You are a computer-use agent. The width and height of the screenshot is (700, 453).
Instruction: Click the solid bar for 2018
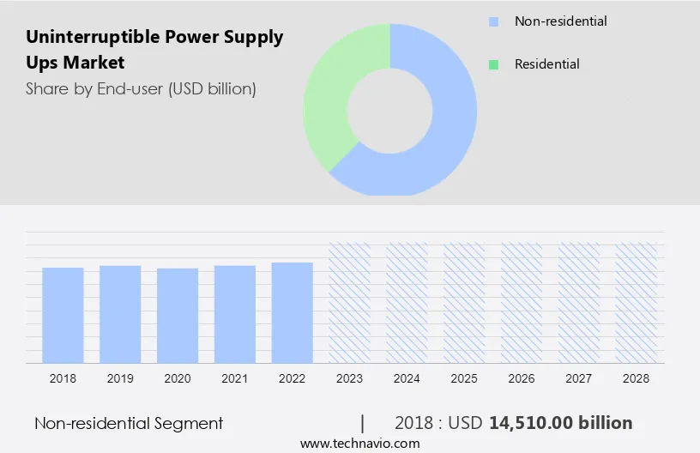click(x=63, y=315)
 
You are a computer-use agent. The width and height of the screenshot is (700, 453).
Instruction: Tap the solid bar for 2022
click(x=293, y=312)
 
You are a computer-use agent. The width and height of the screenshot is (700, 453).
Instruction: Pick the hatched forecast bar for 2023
click(x=350, y=302)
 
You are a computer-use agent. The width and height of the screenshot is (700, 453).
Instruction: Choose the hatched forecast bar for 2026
click(x=522, y=302)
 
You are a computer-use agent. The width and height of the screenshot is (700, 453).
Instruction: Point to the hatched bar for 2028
click(x=637, y=302)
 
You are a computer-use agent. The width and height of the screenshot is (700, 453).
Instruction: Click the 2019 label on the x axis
click(x=120, y=377)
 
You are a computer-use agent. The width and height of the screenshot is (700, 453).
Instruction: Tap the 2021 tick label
click(x=235, y=377)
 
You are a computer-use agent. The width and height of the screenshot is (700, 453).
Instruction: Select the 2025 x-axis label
click(x=464, y=377)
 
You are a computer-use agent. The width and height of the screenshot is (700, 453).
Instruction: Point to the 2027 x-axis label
click(x=579, y=377)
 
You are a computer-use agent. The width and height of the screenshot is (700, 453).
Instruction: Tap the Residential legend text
click(x=546, y=64)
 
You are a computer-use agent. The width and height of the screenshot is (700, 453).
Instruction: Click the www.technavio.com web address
click(x=360, y=444)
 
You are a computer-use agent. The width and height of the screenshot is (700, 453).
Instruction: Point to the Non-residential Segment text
click(x=129, y=423)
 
